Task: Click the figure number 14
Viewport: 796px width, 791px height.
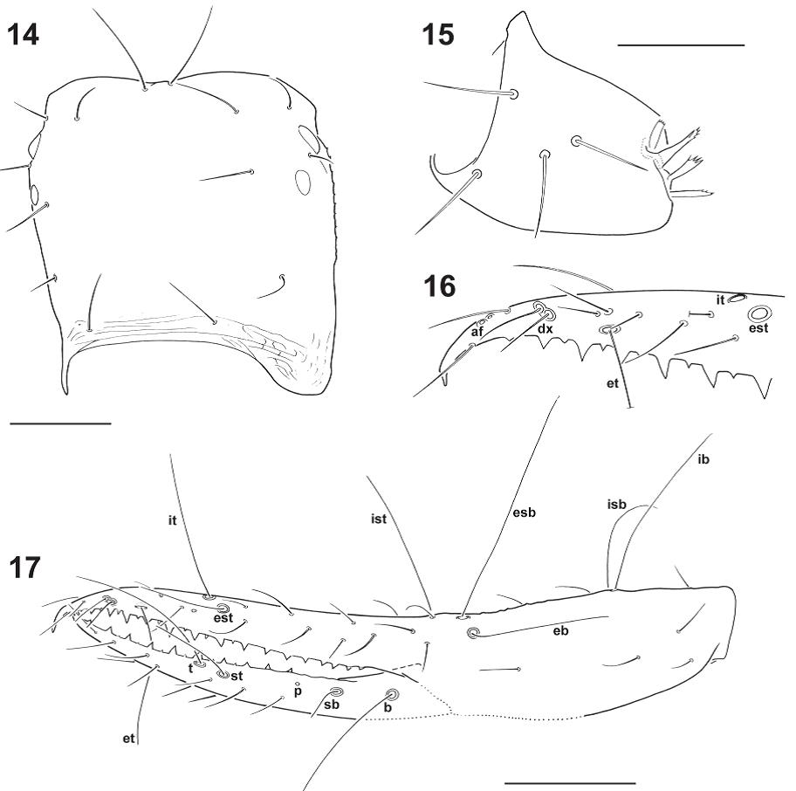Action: click(24, 36)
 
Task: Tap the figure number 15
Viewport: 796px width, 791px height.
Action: click(438, 35)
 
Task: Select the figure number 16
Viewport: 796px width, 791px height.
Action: click(440, 286)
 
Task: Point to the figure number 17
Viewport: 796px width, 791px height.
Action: click(24, 567)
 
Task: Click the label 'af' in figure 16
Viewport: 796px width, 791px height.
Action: click(477, 332)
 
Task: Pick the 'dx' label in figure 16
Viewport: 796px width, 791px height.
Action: click(545, 329)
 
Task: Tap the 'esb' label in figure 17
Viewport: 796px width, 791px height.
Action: click(525, 512)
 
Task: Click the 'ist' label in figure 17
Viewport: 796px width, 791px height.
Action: click(379, 519)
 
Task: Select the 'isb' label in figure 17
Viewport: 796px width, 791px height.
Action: click(617, 504)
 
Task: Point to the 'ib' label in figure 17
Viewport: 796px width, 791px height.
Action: click(703, 459)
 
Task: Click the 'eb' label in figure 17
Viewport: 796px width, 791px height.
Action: click(560, 630)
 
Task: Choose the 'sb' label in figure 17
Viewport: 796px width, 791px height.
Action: click(332, 705)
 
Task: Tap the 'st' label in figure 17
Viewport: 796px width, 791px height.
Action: click(237, 676)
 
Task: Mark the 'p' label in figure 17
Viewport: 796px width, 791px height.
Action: click(298, 691)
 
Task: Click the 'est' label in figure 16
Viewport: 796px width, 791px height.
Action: click(759, 328)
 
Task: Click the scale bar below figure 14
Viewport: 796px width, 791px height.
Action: click(60, 423)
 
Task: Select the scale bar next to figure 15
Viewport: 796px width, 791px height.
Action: click(681, 45)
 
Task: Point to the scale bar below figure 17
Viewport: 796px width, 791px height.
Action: click(571, 783)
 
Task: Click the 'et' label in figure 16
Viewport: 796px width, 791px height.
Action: click(613, 382)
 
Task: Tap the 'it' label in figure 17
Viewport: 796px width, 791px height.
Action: click(172, 520)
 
